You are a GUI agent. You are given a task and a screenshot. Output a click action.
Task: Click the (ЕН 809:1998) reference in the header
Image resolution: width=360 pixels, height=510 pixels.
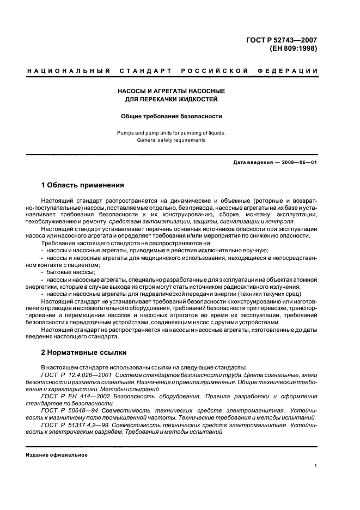click(293, 47)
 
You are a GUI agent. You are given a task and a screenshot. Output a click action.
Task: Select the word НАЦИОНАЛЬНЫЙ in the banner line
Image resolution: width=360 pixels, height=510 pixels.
click(69, 71)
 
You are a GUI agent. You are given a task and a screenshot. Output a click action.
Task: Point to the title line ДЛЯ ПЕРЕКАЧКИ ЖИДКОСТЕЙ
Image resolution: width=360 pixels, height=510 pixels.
click(172, 99)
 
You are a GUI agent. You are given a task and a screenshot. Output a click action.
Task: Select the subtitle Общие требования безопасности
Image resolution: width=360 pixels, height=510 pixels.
click(172, 116)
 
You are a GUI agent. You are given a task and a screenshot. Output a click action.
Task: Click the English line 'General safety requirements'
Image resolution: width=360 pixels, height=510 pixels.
click(172, 140)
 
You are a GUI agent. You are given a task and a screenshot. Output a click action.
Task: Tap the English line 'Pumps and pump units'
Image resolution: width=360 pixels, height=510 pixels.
click(172, 132)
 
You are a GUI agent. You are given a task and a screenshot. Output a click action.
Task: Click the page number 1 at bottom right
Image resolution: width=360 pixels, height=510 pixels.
click(316, 465)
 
